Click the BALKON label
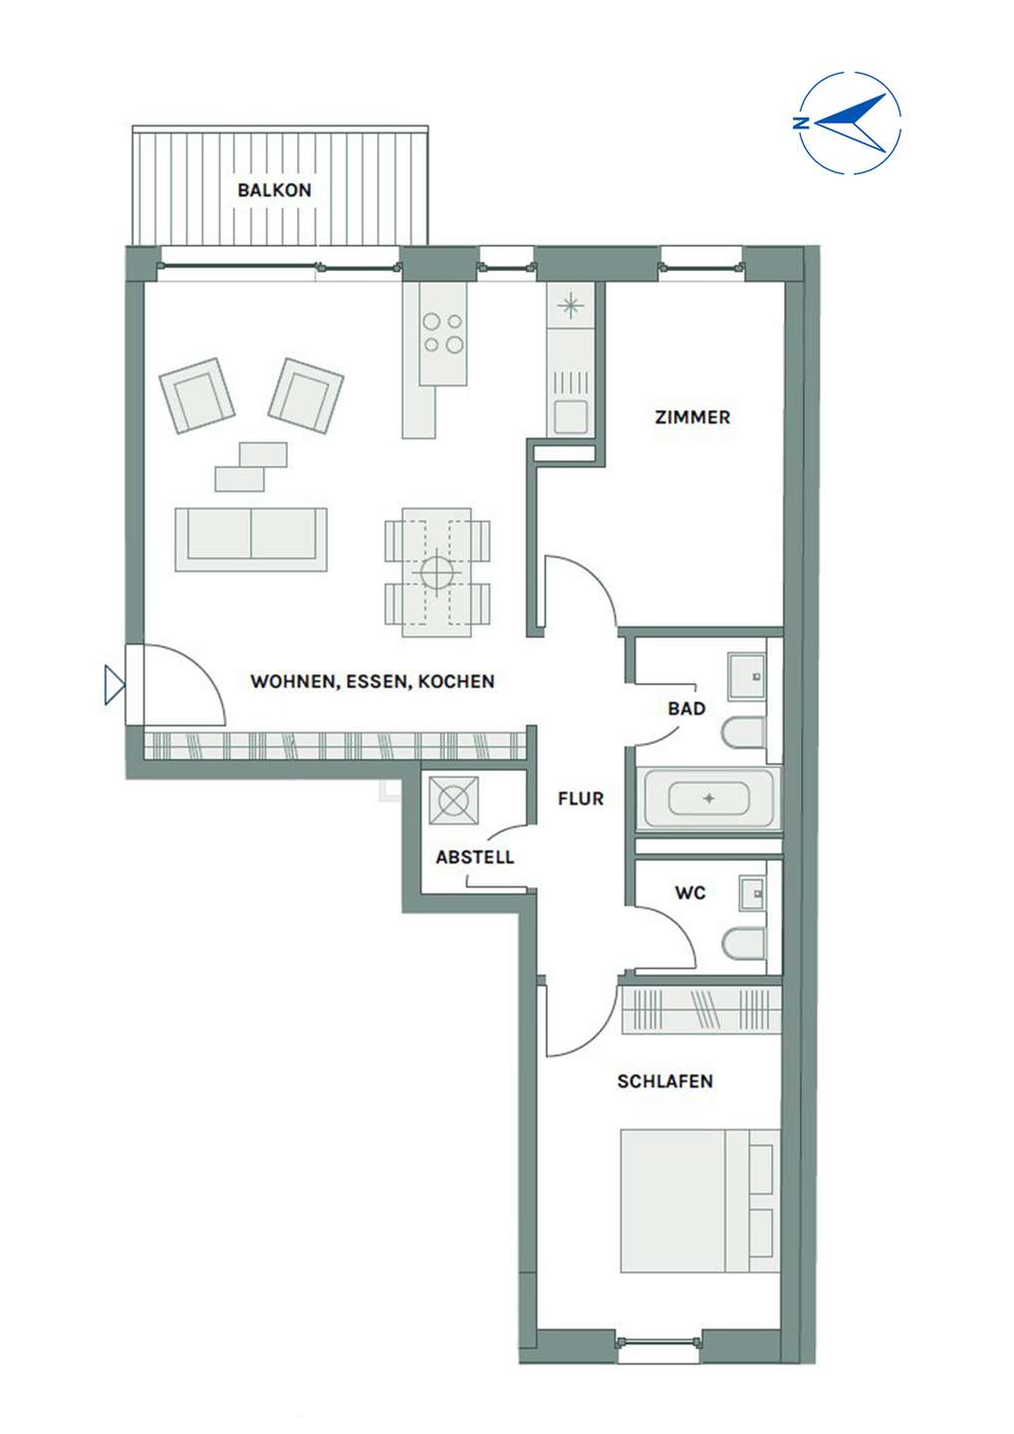pyautogui.click(x=274, y=190)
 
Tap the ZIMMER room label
pyautogui.click(x=692, y=417)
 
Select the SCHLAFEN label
pyautogui.click(x=665, y=1081)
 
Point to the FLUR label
pyautogui.click(x=581, y=799)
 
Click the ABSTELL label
pyautogui.click(x=475, y=857)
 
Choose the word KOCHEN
pyautogui.click(x=456, y=681)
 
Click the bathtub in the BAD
pyautogui.click(x=708, y=799)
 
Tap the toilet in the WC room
pyautogui.click(x=744, y=944)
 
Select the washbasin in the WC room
pyautogui.click(x=752, y=892)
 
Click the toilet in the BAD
pyautogui.click(x=744, y=733)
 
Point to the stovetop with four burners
pyautogui.click(x=443, y=334)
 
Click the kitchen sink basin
pyautogui.click(x=571, y=416)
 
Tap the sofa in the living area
pyautogui.click(x=251, y=540)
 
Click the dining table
pyautogui.click(x=437, y=573)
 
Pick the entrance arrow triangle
pyautogui.click(x=115, y=685)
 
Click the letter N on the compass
pyautogui.click(x=800, y=122)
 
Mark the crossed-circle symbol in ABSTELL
pyautogui.click(x=453, y=801)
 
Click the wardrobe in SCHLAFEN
pyautogui.click(x=701, y=1010)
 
